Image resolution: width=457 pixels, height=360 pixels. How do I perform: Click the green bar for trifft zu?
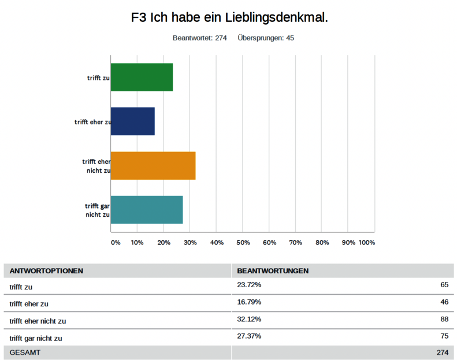(x=142, y=77)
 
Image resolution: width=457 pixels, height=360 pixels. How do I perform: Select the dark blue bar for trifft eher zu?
(x=132, y=121)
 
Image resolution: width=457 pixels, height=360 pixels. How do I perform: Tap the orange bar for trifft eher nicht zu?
(x=153, y=166)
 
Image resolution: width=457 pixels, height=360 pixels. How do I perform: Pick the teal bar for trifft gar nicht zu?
(x=147, y=210)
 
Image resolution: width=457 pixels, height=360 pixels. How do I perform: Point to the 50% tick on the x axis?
(x=243, y=243)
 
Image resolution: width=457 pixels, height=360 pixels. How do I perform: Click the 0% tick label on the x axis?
(x=116, y=243)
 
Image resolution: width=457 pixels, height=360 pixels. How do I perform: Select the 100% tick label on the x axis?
(x=367, y=243)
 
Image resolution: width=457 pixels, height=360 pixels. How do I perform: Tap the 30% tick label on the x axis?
(x=190, y=243)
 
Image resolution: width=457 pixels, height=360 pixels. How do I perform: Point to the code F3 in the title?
(x=139, y=18)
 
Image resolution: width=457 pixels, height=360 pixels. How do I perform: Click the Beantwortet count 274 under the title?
(x=221, y=38)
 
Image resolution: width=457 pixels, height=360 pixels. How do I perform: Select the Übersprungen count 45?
(x=290, y=38)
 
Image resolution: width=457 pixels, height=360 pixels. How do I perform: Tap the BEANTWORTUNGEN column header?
(x=273, y=271)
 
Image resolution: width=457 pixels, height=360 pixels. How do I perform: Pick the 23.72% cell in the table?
(x=249, y=285)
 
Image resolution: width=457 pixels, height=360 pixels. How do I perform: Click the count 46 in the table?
(x=444, y=302)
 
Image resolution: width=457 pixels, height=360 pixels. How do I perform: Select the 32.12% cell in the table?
(x=249, y=320)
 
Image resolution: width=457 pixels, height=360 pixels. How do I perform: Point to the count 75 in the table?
(x=444, y=337)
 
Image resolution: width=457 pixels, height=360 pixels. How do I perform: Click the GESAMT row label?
(x=25, y=352)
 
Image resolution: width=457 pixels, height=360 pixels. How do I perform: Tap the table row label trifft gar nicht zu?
(x=36, y=338)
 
